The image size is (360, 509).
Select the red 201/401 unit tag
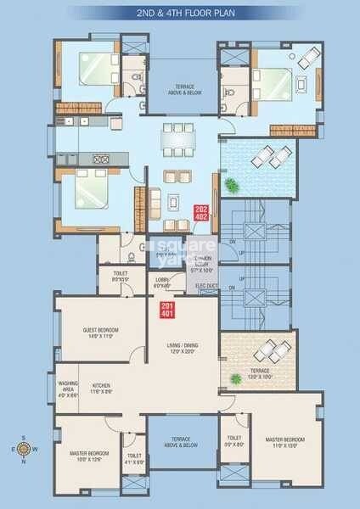coord(167,310)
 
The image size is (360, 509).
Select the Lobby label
coord(163,282)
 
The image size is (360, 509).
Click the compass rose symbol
coord(24,450)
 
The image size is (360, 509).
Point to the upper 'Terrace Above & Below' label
coord(185,89)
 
